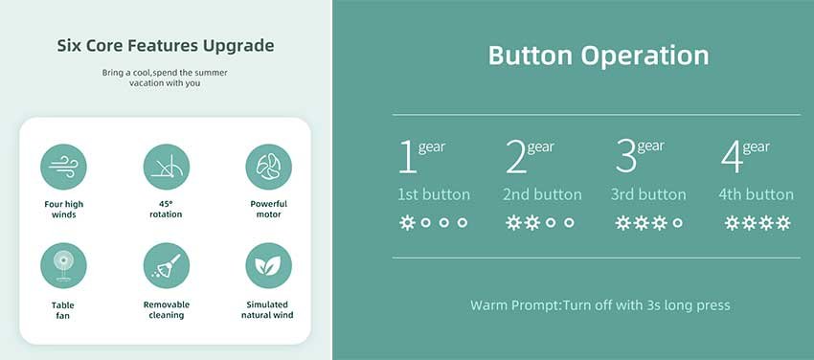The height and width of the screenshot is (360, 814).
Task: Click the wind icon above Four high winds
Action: [63, 167]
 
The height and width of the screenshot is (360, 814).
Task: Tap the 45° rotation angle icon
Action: [166, 167]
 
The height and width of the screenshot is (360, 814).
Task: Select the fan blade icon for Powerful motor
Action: [268, 167]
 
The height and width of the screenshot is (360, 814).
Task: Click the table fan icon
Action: [63, 265]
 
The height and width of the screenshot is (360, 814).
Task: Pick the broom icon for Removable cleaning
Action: [166, 265]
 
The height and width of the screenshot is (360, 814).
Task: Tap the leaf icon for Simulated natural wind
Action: [268, 265]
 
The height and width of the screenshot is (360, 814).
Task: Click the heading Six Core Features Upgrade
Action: [166, 46]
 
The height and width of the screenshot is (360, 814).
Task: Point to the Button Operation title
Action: [599, 55]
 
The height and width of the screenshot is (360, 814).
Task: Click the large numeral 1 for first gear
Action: [408, 156]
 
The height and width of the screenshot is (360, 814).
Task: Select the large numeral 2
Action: [515, 156]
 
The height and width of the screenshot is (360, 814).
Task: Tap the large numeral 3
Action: [625, 156]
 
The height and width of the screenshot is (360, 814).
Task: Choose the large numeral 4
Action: [732, 156]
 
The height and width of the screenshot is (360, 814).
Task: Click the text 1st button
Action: [434, 194]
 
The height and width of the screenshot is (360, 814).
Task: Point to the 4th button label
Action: [756, 194]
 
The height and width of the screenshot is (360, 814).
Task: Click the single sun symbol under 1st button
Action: [407, 222]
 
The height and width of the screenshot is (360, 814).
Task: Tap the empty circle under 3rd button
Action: [677, 222]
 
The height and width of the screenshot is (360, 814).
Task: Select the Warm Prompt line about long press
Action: [600, 305]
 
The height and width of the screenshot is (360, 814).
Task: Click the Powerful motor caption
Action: [268, 209]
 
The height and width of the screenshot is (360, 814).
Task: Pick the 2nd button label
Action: [542, 194]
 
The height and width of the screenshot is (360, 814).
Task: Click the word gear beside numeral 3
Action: [651, 147]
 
